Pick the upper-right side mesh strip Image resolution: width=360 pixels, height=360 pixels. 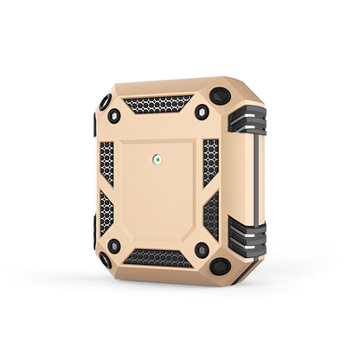tap(210, 161)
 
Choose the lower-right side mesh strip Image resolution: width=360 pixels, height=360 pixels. tap(210, 215)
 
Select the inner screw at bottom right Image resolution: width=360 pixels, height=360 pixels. tap(202, 250)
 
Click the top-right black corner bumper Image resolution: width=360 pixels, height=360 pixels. tap(221, 96)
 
